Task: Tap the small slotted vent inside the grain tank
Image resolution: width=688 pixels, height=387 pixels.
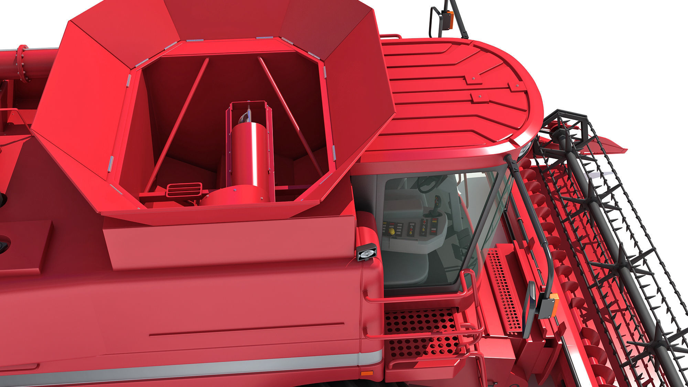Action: click(x=184, y=190)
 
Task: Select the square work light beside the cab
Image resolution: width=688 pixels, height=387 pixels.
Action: click(x=366, y=253)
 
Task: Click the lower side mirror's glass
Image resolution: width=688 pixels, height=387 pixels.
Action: click(x=529, y=308)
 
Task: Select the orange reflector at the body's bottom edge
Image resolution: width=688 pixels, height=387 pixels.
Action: click(x=364, y=373)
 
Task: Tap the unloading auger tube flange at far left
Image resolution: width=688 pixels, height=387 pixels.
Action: click(x=23, y=64)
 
